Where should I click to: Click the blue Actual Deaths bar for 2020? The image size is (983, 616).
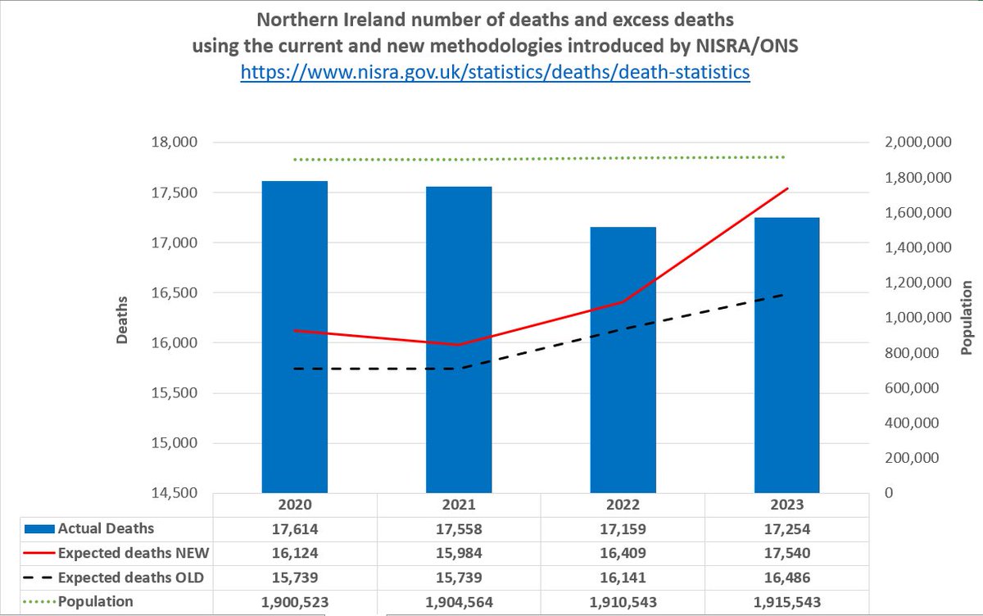[x=295, y=337]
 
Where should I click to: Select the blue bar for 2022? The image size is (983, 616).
[x=623, y=360]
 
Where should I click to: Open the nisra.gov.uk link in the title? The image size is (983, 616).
[x=495, y=72]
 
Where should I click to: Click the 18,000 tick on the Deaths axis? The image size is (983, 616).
[x=176, y=143]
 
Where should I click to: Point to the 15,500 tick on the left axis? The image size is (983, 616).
[x=176, y=393]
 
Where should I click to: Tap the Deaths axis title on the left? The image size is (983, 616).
[x=123, y=319]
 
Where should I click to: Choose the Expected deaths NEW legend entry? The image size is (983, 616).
[x=123, y=553]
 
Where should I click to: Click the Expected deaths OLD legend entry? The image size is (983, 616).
[x=123, y=577]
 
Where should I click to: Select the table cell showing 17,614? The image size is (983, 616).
[x=295, y=528]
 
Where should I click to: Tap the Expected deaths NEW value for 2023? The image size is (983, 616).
[x=787, y=553]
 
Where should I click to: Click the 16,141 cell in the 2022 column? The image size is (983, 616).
[x=623, y=577]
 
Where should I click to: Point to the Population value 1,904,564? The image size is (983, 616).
[x=459, y=601]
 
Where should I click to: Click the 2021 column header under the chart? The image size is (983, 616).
[x=459, y=505]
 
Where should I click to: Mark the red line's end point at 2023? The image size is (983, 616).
[x=787, y=188]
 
